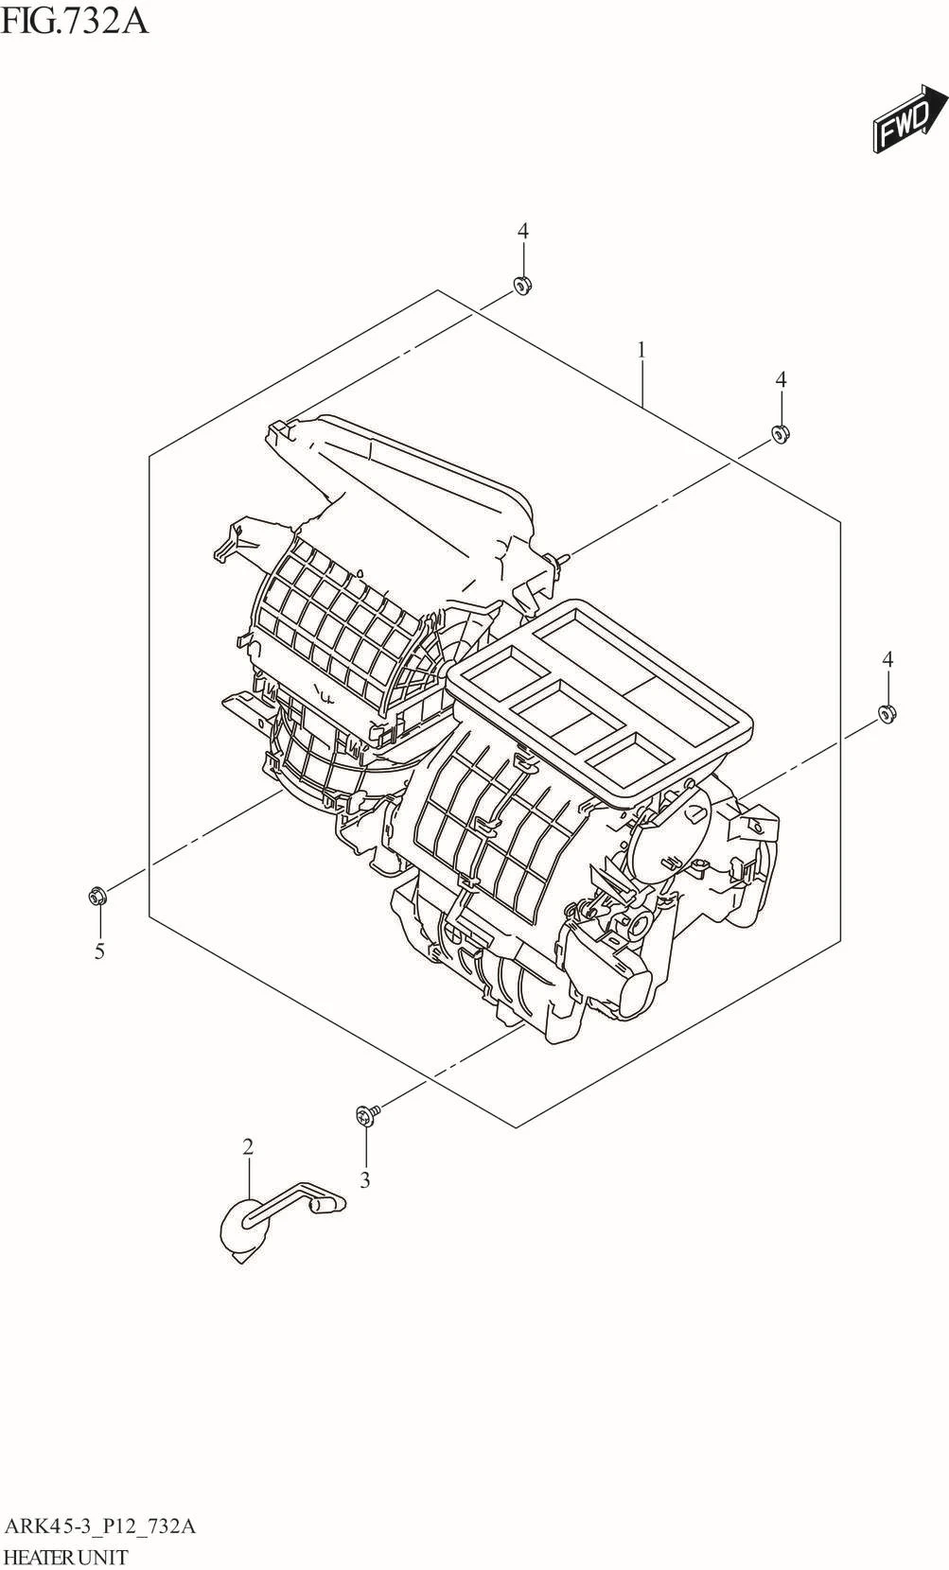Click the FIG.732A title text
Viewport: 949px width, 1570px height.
pyautogui.click(x=75, y=22)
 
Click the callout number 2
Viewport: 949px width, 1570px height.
pyautogui.click(x=248, y=1147)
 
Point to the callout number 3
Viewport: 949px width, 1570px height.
pyautogui.click(x=364, y=1181)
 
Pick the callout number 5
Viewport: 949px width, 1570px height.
pyautogui.click(x=99, y=951)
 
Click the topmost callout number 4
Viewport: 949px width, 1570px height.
pyautogui.click(x=522, y=231)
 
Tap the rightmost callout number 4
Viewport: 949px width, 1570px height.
pyautogui.click(x=888, y=659)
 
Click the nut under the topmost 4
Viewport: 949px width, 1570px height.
pyautogui.click(x=521, y=286)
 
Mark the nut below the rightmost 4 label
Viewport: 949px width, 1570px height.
pyautogui.click(x=887, y=715)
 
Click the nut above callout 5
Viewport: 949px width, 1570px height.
pyautogui.click(x=97, y=895)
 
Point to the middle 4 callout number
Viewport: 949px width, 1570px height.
pyautogui.click(x=781, y=379)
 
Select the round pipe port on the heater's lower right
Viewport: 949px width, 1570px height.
pyautogui.click(x=639, y=927)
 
